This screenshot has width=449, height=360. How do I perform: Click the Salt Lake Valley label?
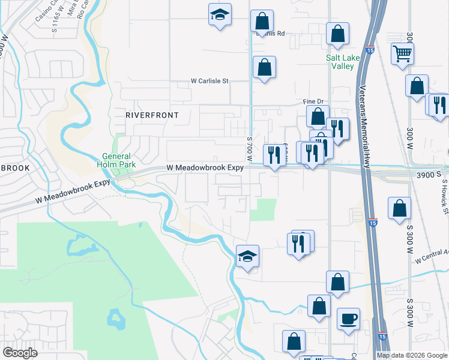click(x=340, y=62)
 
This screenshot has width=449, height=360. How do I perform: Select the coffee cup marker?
click(x=348, y=319)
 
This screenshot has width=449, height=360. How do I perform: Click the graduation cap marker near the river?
click(x=247, y=257)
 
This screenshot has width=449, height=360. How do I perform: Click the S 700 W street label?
click(x=249, y=148)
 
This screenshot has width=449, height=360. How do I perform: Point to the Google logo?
click(x=20, y=353)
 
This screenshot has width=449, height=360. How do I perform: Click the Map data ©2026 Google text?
click(x=412, y=355)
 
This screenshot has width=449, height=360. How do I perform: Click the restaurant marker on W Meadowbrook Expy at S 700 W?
click(x=275, y=155)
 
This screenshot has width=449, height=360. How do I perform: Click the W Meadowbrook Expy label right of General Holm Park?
click(x=205, y=168)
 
